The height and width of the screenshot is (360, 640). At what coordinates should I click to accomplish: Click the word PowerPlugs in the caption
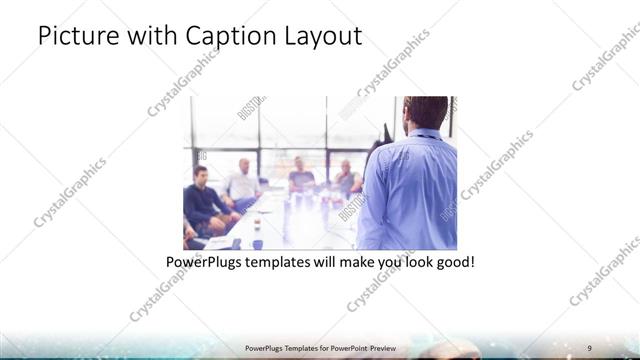coord(206,263)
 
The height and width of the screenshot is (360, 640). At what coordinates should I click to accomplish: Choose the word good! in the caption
coord(453,263)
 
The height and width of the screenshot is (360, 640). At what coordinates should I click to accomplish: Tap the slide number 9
coord(589,347)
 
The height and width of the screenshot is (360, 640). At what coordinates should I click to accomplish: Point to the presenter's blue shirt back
coord(412,190)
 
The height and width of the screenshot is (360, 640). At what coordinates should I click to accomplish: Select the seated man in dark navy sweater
coord(204,199)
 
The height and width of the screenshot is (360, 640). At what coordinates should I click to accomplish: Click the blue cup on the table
coord(257,243)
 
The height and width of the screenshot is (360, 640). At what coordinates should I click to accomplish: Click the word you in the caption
coord(391,263)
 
